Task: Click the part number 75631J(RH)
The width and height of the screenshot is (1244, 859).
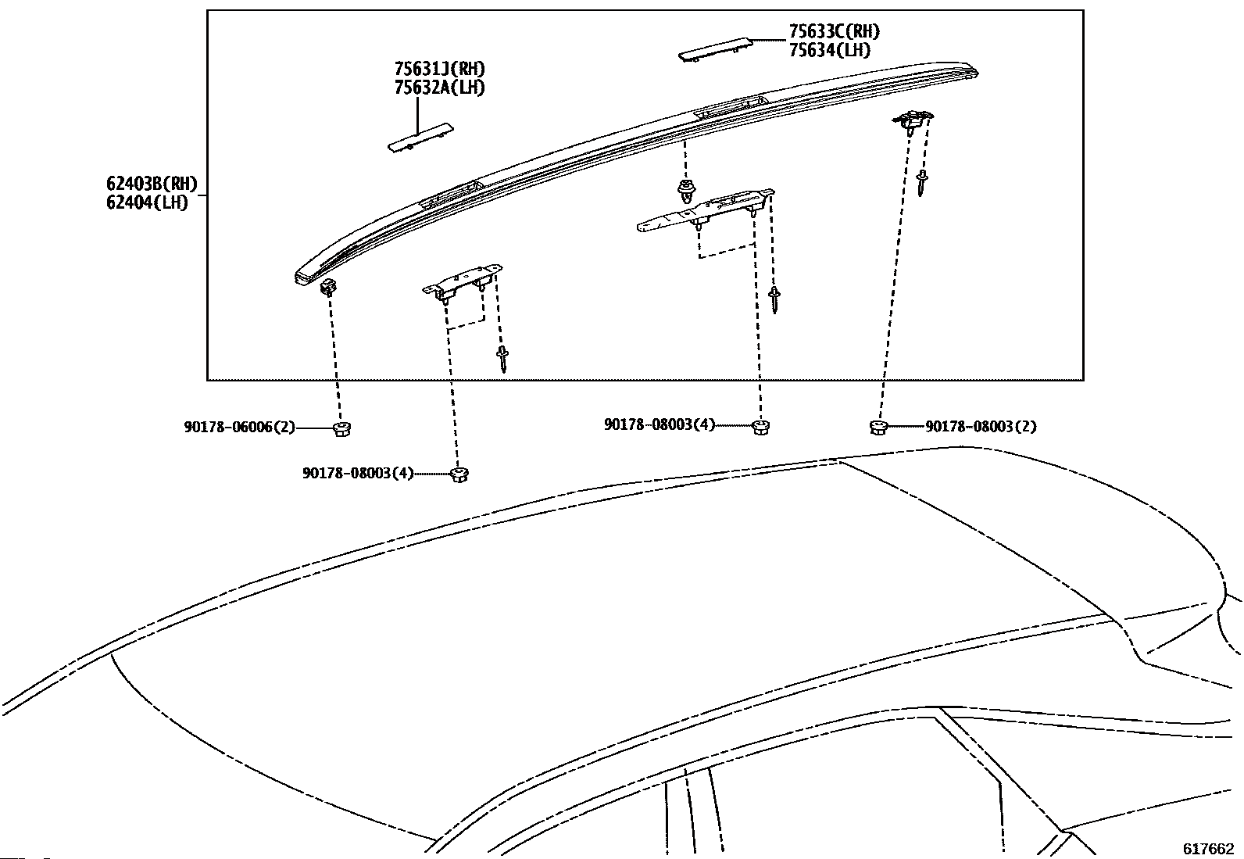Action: coord(438,70)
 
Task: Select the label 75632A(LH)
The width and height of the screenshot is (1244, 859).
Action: coord(438,88)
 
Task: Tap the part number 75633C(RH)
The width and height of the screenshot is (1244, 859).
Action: coord(834,32)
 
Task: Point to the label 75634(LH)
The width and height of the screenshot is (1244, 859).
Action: coord(829,50)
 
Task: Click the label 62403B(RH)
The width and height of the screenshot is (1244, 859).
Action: coord(152,185)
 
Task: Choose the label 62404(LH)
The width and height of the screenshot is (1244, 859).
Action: coord(148,204)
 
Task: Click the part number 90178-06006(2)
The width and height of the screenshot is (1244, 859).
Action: coord(240,428)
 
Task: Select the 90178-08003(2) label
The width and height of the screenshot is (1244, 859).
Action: coord(981,427)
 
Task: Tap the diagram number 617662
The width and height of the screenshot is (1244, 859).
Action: coord(1207,848)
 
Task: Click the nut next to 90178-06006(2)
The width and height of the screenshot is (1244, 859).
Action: coord(341,428)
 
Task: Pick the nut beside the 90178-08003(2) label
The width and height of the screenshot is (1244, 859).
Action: coord(878,427)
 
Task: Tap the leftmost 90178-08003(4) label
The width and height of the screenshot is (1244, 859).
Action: coord(358,474)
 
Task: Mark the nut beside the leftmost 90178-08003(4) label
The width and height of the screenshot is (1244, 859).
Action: coord(459,474)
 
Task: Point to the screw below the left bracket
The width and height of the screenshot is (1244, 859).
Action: coord(502,360)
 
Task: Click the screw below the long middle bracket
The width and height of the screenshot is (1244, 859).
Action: coord(774,299)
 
